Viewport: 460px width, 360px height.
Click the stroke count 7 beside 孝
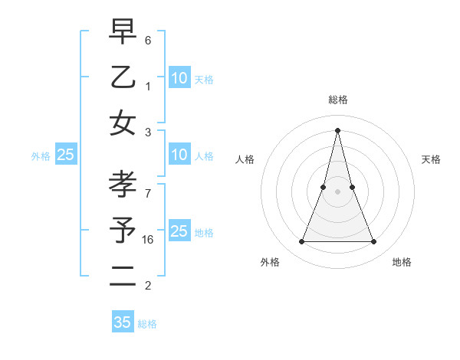148,195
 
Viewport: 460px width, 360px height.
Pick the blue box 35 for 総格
123,322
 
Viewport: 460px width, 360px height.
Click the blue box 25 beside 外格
66,155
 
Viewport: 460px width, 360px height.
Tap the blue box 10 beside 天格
179,78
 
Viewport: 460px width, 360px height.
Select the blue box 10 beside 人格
179,155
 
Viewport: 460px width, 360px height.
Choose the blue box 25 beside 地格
179,231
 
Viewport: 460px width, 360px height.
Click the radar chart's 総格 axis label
338,100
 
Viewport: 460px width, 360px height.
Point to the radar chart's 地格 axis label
402,263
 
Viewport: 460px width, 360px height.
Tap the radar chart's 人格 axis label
245,159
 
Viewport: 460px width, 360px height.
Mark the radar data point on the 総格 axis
338,129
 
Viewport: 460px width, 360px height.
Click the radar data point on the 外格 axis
301,242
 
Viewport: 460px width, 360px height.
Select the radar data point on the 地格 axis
374,242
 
